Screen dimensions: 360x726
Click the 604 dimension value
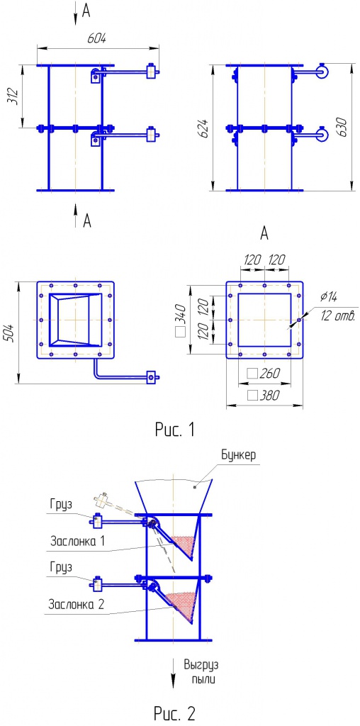pos(97,39)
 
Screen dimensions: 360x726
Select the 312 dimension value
pos(14,96)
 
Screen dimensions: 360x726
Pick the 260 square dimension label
pos(264,373)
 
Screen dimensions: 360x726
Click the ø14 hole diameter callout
pos(329,296)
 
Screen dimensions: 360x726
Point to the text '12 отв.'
pos(338,317)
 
